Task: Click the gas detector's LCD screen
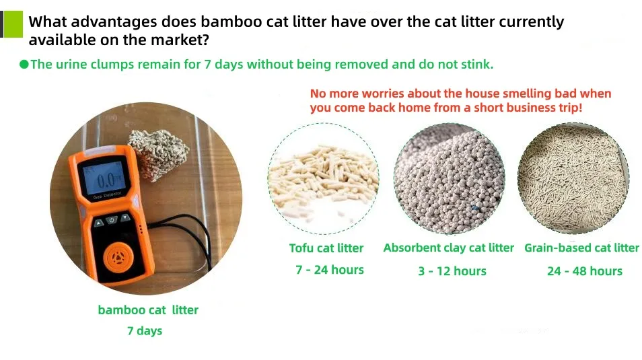coord(106,180)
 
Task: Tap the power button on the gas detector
coord(112,219)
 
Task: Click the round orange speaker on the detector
coord(118,258)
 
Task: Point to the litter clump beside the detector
coord(157,153)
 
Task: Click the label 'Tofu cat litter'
coord(326,248)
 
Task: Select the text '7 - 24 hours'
coord(329,270)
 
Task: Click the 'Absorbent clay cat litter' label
coord(448,248)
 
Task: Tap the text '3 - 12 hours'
coord(452,271)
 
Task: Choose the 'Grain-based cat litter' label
coord(581,248)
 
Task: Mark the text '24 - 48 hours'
coord(584,271)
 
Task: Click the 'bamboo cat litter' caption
coord(148,310)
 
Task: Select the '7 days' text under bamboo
coord(145,330)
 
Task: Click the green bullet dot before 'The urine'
coord(24,65)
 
